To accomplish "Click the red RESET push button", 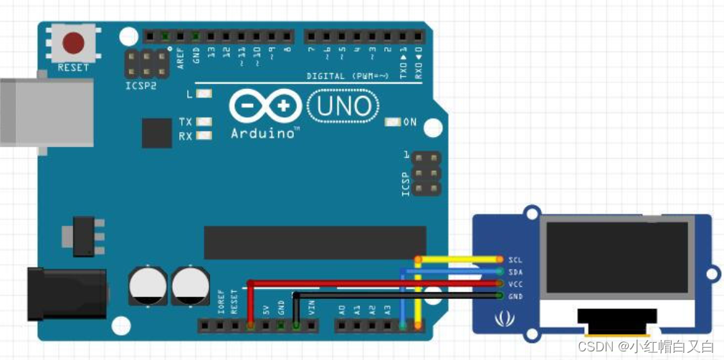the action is point(72,43).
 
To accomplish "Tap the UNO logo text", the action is point(343,107).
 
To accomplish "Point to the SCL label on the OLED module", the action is point(515,259).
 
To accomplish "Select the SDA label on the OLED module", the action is point(515,271).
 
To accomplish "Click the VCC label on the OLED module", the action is point(515,283).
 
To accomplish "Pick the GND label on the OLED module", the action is point(515,295).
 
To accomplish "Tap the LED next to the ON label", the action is point(391,122).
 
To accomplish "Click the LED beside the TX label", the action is point(204,123).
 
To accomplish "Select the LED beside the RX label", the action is point(204,135).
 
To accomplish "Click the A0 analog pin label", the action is point(342,310).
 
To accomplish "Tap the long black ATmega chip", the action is point(315,242).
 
